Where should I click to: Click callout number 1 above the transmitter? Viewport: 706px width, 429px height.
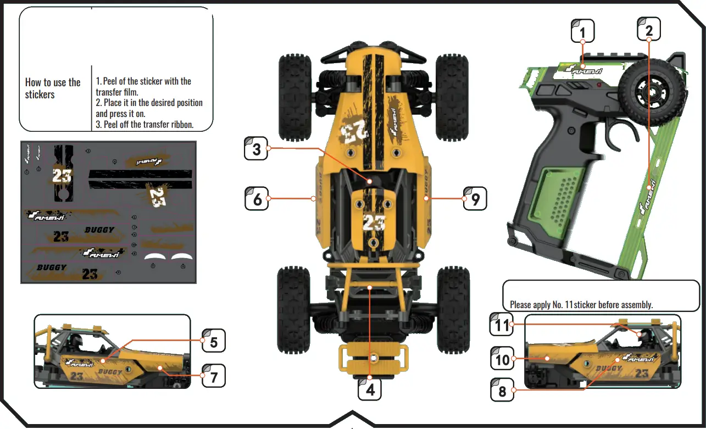pyautogui.click(x=583, y=31)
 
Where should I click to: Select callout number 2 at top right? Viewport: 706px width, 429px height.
pyautogui.click(x=649, y=29)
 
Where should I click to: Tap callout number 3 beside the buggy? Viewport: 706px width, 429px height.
pyautogui.click(x=257, y=148)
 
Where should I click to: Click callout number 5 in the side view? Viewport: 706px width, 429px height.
pyautogui.click(x=214, y=341)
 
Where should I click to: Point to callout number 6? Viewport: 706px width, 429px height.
pyautogui.click(x=257, y=198)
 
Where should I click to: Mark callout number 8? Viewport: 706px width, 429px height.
pyautogui.click(x=502, y=391)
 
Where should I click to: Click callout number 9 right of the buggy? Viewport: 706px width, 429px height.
pyautogui.click(x=475, y=198)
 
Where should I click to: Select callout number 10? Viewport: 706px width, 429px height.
pyautogui.click(x=502, y=360)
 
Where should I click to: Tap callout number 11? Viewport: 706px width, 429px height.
pyautogui.click(x=502, y=325)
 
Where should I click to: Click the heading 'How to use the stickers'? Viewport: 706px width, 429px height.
pyautogui.click(x=53, y=88)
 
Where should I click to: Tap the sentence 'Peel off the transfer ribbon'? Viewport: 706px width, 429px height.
pyautogui.click(x=144, y=125)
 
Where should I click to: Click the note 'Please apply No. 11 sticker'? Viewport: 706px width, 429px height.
pyautogui.click(x=581, y=304)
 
